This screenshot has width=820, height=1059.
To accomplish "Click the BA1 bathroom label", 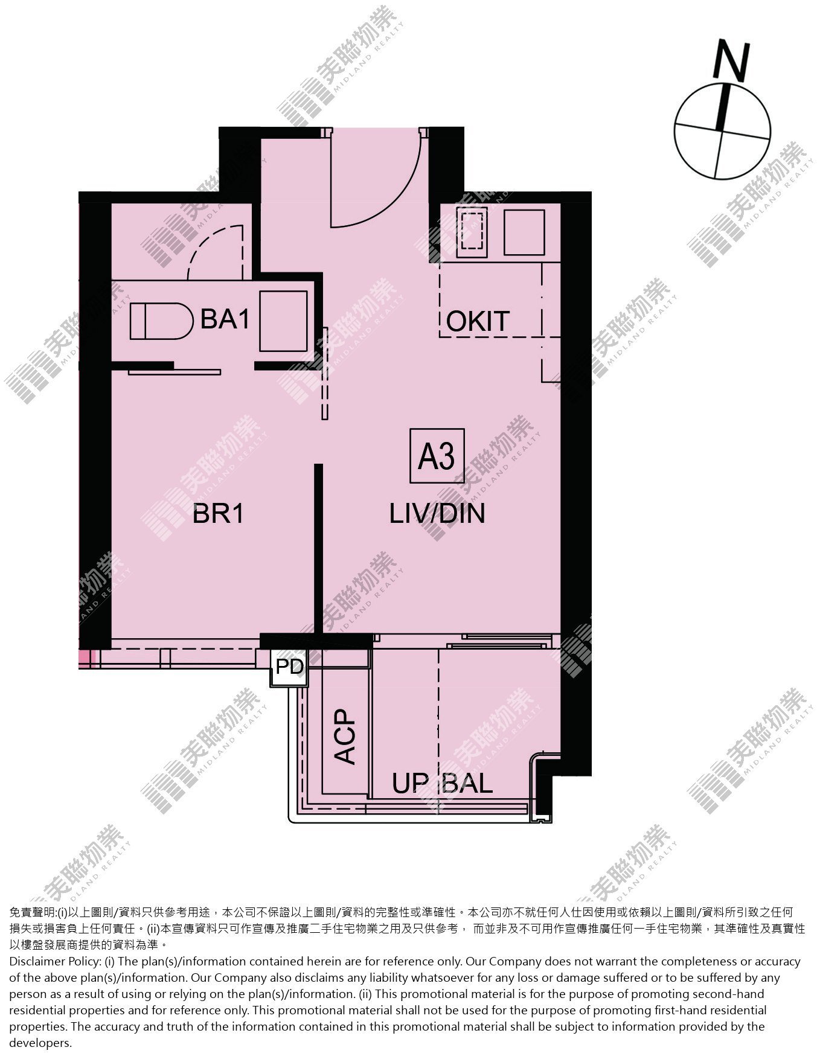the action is click(x=225, y=319).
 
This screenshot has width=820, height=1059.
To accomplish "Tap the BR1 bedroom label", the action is click(x=219, y=514).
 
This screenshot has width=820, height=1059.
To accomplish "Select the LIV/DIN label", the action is click(x=437, y=514).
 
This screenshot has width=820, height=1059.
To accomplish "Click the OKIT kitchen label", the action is click(x=478, y=321).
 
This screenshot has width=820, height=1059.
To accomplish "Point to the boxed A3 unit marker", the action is click(x=437, y=456).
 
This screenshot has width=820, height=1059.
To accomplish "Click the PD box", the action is click(x=289, y=667).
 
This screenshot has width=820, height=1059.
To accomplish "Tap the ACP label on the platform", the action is click(x=345, y=737).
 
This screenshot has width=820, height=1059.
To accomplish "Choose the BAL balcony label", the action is click(x=468, y=784).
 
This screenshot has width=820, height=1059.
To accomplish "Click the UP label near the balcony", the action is click(x=410, y=784).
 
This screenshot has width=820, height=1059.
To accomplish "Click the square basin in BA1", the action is click(x=283, y=321).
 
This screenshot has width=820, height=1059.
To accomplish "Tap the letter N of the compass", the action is click(x=731, y=61).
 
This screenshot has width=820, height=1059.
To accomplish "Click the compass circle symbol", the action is click(x=722, y=132).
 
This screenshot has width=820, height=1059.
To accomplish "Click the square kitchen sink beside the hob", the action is click(x=524, y=232).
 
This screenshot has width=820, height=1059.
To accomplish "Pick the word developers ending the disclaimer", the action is click(x=40, y=1043).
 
